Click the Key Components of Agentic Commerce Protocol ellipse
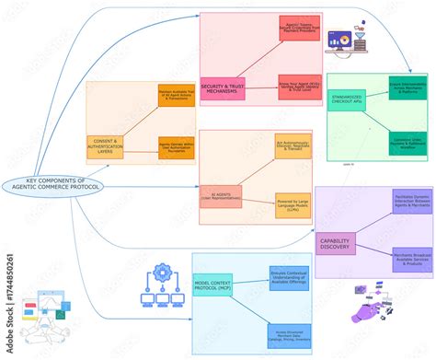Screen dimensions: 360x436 55,184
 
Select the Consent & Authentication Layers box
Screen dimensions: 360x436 105,147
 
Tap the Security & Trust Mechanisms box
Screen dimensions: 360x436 223,89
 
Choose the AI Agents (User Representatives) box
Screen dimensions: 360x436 221,196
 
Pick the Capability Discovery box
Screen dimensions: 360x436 335,243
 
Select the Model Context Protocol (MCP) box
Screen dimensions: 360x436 212,287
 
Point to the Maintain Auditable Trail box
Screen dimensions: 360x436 177,96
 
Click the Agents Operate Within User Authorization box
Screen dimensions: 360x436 177,147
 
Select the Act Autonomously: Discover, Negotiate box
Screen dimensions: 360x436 293,146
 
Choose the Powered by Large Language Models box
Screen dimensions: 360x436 293,205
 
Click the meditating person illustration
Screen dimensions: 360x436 39,318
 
